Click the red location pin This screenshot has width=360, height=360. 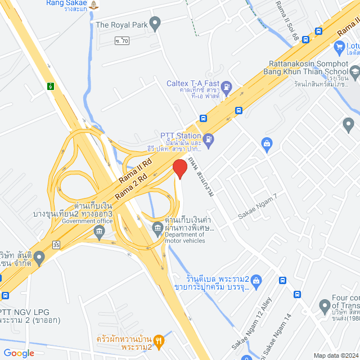click(x=179, y=169)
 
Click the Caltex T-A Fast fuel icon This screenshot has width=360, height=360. click(x=226, y=87)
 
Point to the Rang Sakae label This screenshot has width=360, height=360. click(x=66, y=3)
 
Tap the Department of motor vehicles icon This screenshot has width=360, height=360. click(x=157, y=227)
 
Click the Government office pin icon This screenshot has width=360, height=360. click(x=100, y=233)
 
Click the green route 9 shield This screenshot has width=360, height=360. click(x=51, y=86)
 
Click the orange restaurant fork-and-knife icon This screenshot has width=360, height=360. click(x=159, y=339)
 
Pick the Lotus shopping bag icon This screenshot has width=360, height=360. click(x=339, y=48)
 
